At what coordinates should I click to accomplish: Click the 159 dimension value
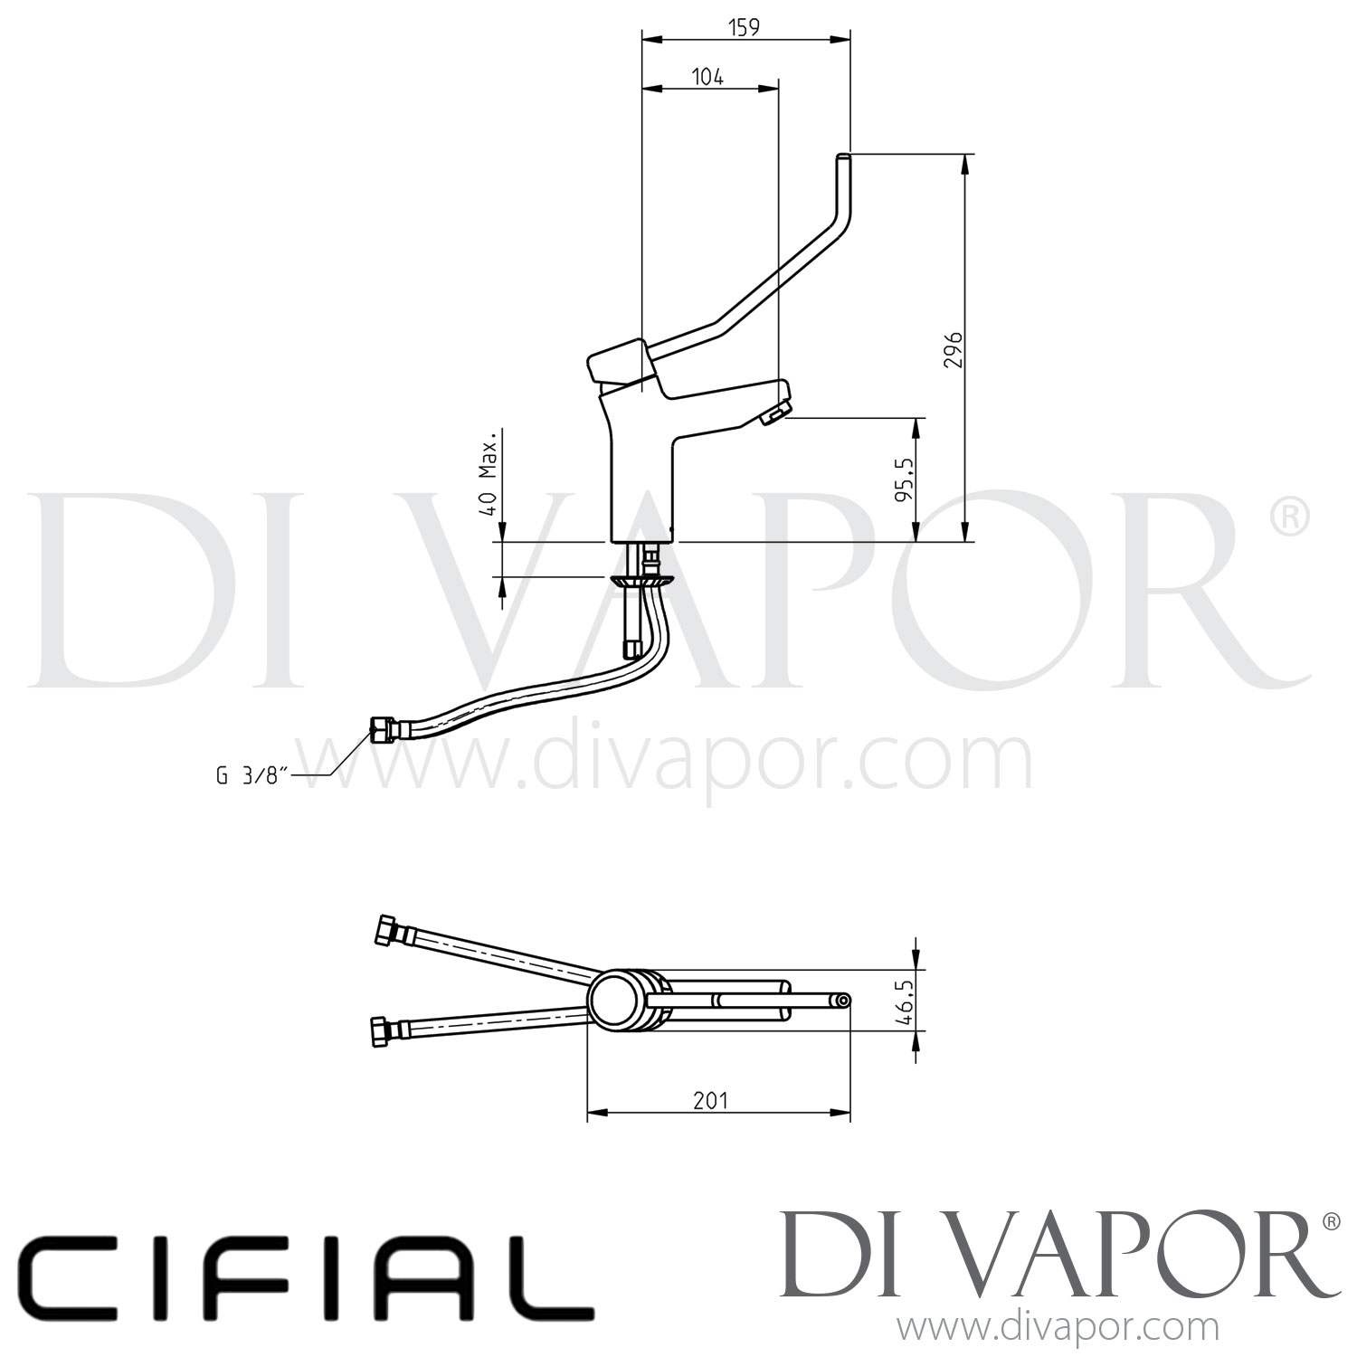(x=744, y=28)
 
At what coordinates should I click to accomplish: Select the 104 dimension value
(x=708, y=77)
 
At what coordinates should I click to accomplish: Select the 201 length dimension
(x=710, y=1100)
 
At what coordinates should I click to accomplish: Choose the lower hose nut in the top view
(x=384, y=1031)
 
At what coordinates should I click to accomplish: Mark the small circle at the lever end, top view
(x=842, y=1001)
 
